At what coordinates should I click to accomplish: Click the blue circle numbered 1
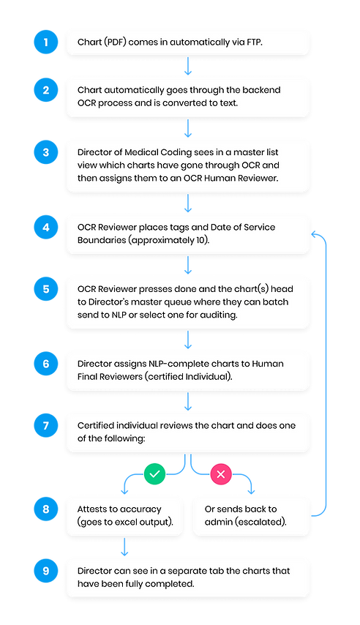[x=46, y=42]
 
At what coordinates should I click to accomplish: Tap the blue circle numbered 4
[x=46, y=228]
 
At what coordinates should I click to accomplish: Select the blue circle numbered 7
[x=46, y=424]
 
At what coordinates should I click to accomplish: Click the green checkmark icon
[x=154, y=474]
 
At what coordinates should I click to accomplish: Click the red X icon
[x=221, y=474]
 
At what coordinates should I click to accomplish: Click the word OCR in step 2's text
[x=90, y=102]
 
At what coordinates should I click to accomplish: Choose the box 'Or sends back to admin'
[x=252, y=516]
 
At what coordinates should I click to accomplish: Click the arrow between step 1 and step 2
[x=189, y=67]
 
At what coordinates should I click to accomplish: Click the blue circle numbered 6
[x=46, y=363]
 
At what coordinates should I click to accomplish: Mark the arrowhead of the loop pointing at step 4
[x=315, y=234]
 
